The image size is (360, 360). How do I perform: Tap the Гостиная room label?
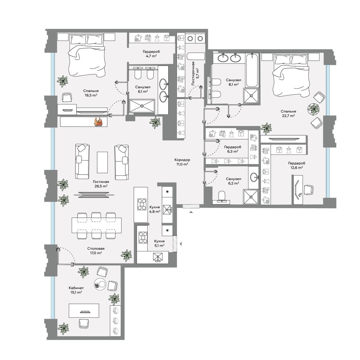pos(101,182)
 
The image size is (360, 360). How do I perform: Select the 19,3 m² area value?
pos(91,95)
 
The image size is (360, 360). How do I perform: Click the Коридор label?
pos(182,160)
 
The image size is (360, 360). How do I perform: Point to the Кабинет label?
pos(76,288)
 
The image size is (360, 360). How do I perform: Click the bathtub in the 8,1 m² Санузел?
pos(252,70)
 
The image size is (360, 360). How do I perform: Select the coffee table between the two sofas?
pos(102,162)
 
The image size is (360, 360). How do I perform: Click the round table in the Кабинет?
pos(100,284)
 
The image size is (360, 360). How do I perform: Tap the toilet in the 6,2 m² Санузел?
pos(222,196)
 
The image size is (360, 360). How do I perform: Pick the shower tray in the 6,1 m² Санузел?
pos(142,106)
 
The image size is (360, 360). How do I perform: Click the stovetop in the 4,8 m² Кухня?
pos(142,204)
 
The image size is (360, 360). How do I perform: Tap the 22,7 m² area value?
pos(288,115)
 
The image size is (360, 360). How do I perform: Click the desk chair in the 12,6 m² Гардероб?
pos(309,190)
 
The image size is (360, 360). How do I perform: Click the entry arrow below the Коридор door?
pos(191,212)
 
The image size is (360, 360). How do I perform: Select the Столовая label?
pos(96,249)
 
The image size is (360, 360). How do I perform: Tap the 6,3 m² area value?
pos(232,151)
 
